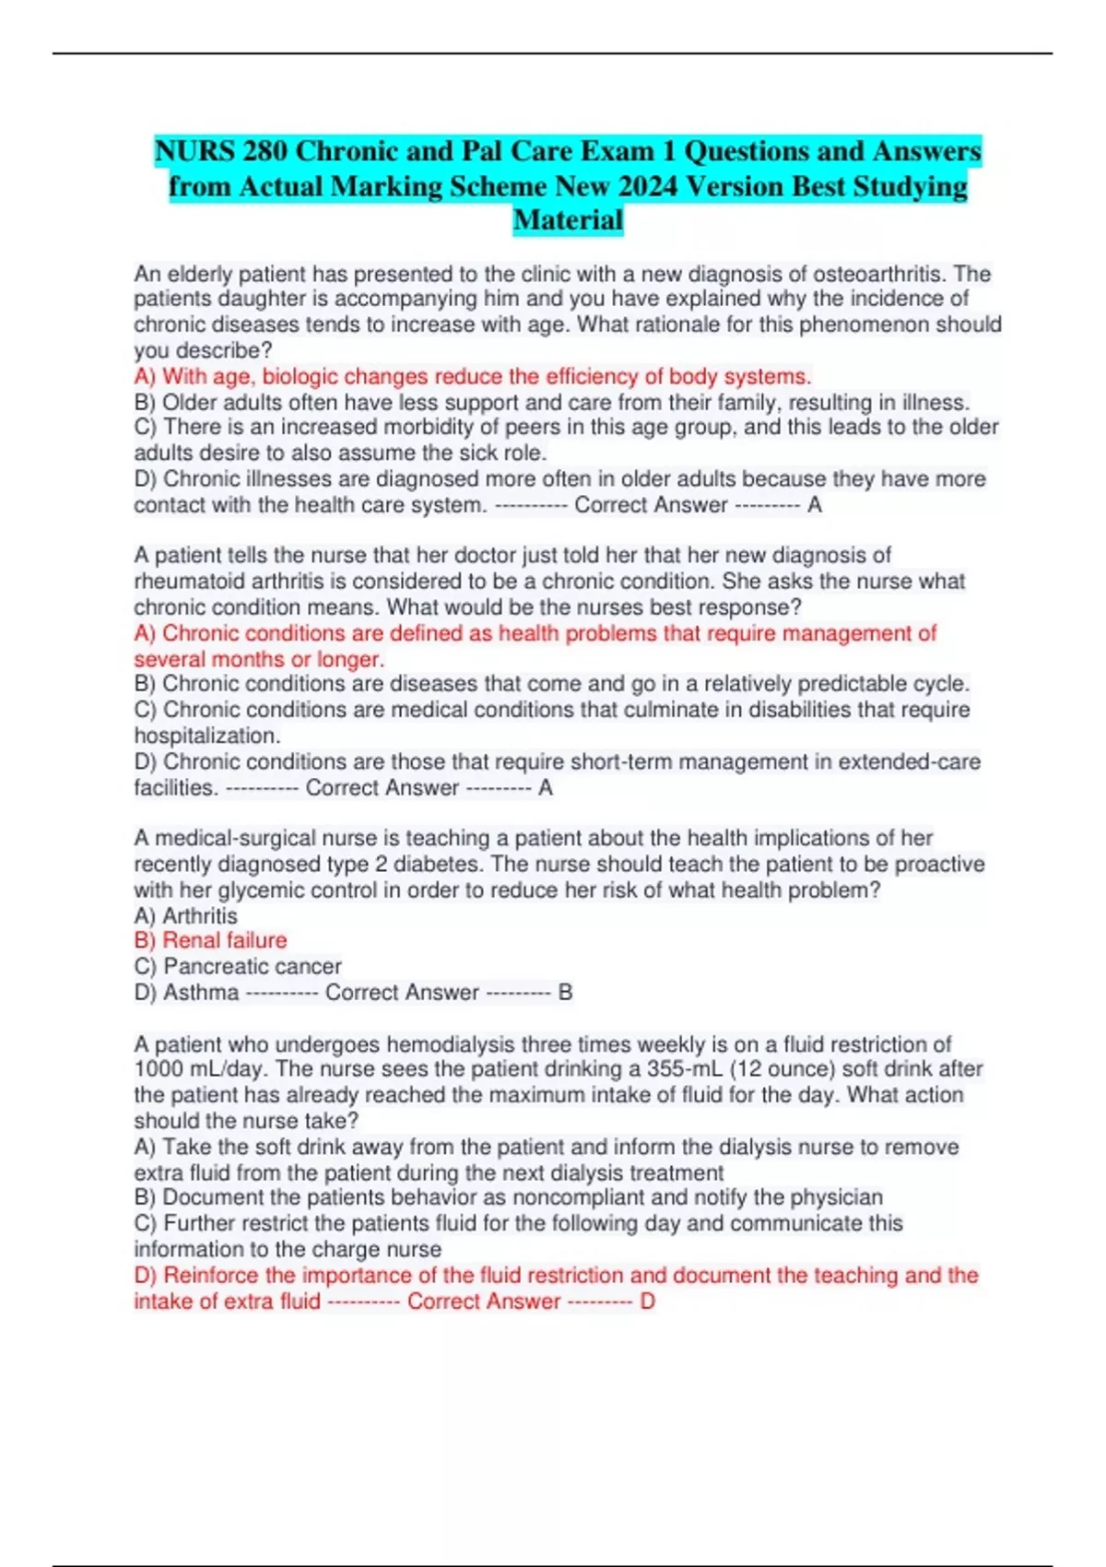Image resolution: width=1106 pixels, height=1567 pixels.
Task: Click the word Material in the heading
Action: pos(568,220)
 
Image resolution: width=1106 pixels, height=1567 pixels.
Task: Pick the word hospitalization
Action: pos(206,736)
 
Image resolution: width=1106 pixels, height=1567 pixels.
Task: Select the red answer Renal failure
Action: pos(224,940)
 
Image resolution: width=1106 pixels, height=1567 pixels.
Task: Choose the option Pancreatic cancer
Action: pos(252,966)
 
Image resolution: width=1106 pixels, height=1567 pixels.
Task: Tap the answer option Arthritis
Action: pos(199,915)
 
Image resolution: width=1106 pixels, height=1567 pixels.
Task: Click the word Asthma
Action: pos(200,993)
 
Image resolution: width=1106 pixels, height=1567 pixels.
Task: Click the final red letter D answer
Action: pos(647,1302)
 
